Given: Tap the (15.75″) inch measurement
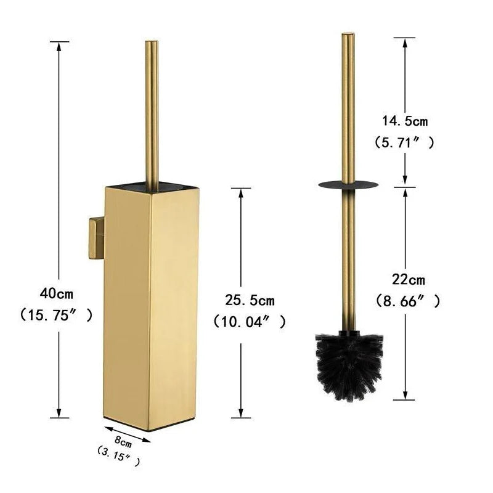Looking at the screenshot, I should (56, 315).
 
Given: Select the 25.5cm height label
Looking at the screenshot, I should (249, 300).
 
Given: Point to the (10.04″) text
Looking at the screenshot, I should (250, 321).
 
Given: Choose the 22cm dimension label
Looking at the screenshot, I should (408, 280).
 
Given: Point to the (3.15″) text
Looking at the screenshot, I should (118, 457).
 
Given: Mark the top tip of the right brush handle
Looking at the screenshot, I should (348, 35).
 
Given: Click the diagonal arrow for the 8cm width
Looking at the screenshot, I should (128, 433).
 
